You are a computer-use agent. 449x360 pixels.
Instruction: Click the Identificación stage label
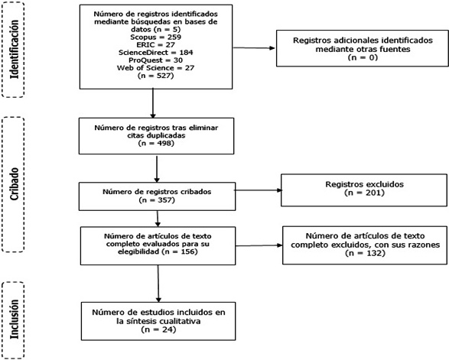pos(14,49)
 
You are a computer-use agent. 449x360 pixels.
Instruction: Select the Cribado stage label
pos(14,184)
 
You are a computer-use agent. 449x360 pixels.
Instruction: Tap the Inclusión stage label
pos(14,319)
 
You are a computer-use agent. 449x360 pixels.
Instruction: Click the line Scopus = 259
pos(156,37)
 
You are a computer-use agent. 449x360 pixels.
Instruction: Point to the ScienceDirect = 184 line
pos(156,53)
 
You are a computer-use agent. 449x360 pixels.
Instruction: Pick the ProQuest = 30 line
pos(156,60)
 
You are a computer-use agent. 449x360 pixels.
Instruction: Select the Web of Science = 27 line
pos(156,68)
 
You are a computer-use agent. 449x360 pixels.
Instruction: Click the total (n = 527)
pos(156,76)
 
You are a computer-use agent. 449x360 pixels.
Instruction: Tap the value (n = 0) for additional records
pos(363,57)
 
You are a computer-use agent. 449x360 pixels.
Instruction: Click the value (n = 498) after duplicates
pos(156,143)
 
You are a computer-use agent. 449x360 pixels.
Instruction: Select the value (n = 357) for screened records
pos(157,199)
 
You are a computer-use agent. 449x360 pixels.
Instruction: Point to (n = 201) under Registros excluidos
pos(364,193)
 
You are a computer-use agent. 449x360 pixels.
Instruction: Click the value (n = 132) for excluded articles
pos(365,253)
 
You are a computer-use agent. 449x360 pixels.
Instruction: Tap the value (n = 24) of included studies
pos(158,329)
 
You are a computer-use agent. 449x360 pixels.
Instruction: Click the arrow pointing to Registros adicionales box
pos(254,48)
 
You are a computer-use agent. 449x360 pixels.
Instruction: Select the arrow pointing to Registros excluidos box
pos(259,190)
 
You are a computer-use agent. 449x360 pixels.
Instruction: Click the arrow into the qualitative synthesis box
pos(158,284)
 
